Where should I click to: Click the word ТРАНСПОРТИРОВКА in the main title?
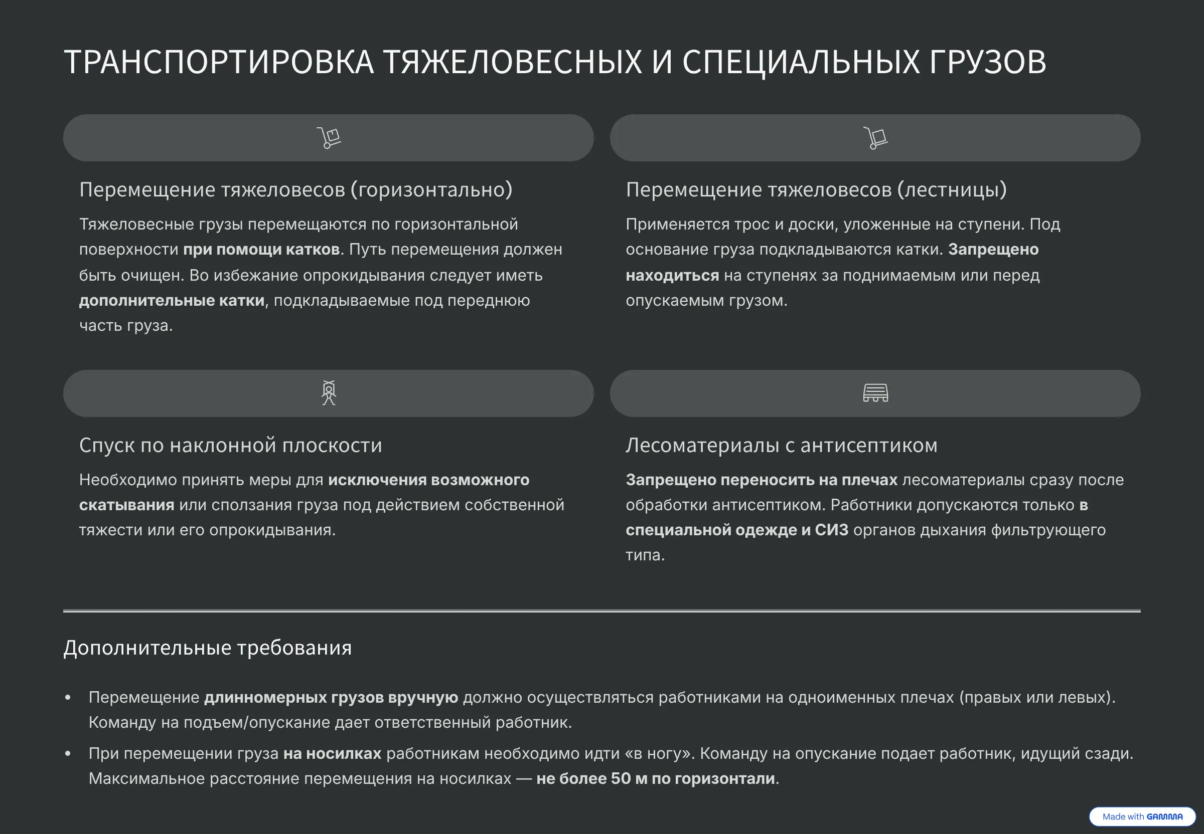coord(219,62)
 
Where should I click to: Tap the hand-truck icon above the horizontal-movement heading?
coord(329,138)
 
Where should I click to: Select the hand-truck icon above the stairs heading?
coord(875,138)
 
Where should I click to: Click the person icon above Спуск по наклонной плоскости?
coord(329,393)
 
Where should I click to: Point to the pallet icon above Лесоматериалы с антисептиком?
coord(875,393)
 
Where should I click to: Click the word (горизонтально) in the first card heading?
coord(431,189)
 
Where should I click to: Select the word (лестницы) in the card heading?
coord(952,189)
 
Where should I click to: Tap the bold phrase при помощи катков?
coord(261,250)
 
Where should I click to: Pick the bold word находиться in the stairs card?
coord(672,275)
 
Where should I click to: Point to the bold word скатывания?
coord(126,505)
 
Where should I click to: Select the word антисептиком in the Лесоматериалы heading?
coord(869,445)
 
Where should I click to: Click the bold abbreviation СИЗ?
coord(832,530)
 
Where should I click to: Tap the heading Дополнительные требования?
coord(208,648)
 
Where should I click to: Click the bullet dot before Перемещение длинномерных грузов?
coord(67,698)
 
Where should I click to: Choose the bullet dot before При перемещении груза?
coord(67,753)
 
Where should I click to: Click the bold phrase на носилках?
coord(332,753)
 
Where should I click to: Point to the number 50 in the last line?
coord(621,778)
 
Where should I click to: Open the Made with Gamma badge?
coord(1142,816)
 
